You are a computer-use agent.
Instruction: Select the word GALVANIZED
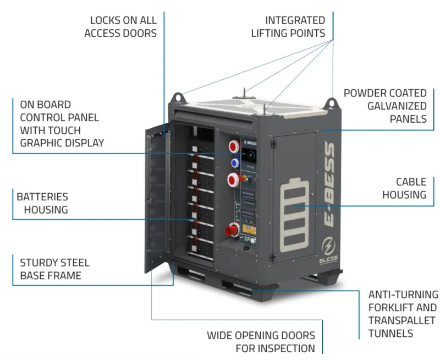click(397, 106)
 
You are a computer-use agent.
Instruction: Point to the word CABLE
click(411, 182)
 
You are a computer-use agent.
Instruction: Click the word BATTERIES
click(42, 197)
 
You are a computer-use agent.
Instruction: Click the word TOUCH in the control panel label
click(65, 130)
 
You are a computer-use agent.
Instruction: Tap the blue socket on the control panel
click(235, 163)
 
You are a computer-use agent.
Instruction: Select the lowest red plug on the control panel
click(232, 230)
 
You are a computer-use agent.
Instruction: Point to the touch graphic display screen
click(249, 156)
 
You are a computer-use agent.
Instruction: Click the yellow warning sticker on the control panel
click(249, 229)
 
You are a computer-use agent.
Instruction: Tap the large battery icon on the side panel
click(294, 215)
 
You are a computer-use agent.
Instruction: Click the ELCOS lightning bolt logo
click(328, 246)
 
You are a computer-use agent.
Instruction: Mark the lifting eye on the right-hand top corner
click(331, 103)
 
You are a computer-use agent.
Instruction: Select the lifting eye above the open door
click(178, 98)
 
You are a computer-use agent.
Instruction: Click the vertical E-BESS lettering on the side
click(329, 184)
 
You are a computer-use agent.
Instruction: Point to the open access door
click(158, 197)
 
